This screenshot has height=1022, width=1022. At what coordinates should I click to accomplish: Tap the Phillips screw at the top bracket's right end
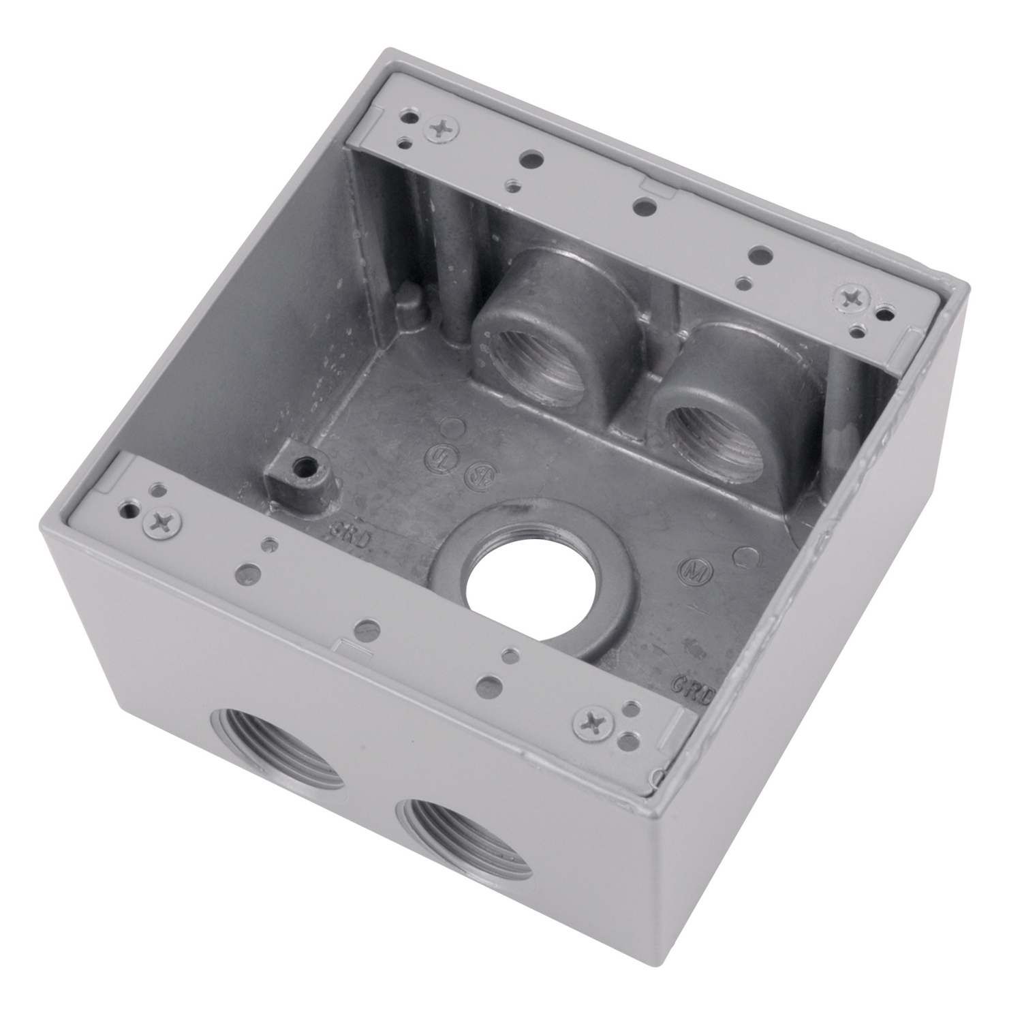[x=852, y=298]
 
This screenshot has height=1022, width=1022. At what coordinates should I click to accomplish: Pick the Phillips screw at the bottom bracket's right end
[x=591, y=722]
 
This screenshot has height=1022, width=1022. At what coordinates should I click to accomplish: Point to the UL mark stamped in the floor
[x=434, y=454]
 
